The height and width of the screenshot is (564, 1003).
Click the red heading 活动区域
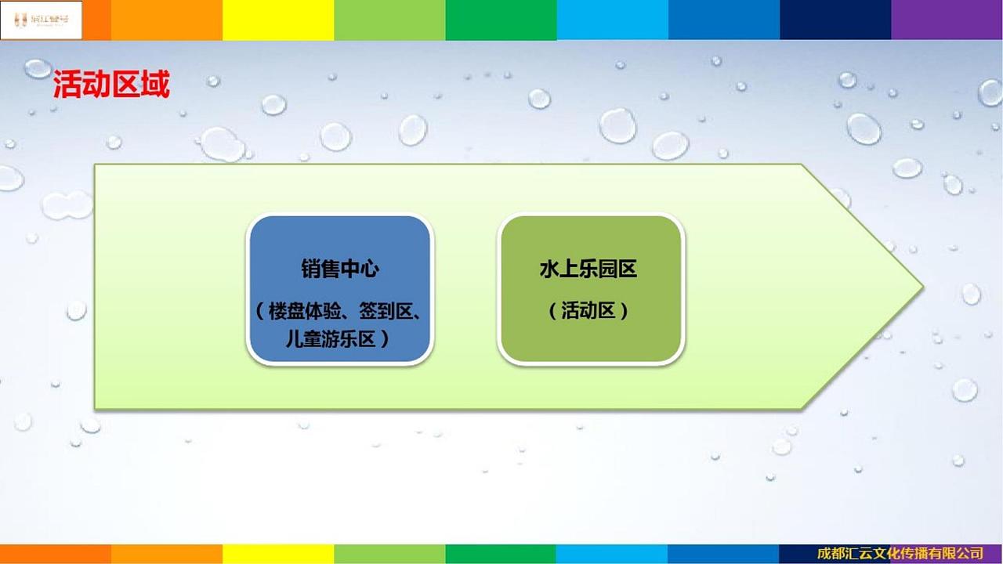coord(111,85)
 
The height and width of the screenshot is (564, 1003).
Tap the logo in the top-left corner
coord(41,20)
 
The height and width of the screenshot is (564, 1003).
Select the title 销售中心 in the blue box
coord(339,269)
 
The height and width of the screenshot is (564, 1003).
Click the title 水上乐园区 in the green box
coord(588,269)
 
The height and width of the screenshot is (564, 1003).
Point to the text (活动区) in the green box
coord(588,310)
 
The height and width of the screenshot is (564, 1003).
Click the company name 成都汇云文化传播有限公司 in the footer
coord(900,554)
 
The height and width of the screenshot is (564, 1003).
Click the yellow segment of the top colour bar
coord(278,20)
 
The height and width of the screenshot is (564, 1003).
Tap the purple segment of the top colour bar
coord(947,20)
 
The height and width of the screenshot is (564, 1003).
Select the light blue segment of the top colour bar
coord(612,20)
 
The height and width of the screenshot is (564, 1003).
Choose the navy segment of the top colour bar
coord(835,20)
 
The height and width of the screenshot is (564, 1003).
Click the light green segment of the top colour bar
coord(389,20)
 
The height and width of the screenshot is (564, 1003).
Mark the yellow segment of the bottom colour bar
coord(278,554)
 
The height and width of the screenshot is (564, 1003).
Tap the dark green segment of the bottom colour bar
coord(501,554)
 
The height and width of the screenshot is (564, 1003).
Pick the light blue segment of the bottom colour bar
coord(612,554)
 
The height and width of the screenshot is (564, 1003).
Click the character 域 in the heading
coord(155,85)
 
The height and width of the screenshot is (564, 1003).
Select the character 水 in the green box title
coord(549,269)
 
